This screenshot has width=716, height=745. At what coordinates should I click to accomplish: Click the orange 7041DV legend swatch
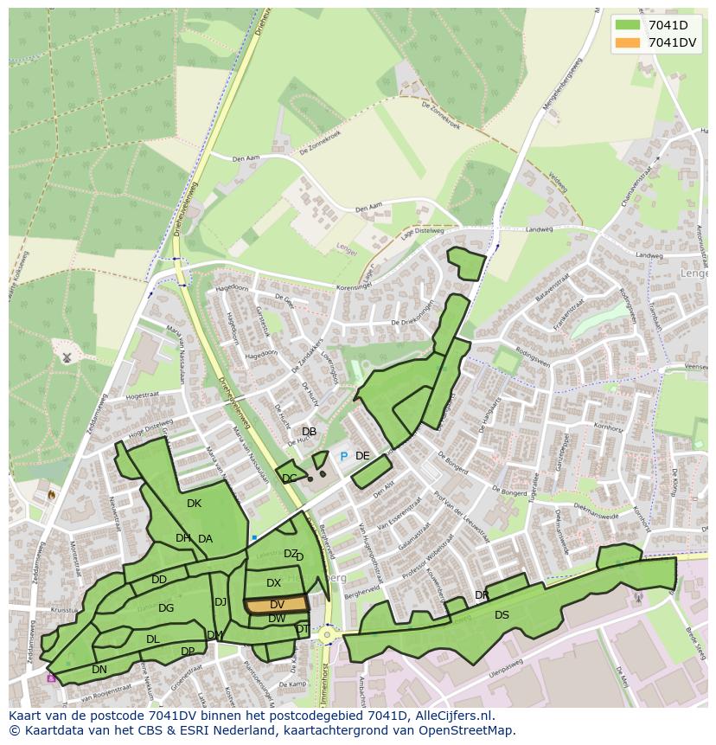click(x=628, y=42)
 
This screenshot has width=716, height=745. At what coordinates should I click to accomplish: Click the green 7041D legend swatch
click(x=628, y=25)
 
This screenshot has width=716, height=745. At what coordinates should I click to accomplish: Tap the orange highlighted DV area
click(x=277, y=604)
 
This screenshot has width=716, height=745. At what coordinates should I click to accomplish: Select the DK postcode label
click(x=194, y=504)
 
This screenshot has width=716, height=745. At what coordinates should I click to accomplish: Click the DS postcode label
click(x=502, y=615)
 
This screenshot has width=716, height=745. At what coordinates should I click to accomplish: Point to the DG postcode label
click(x=166, y=608)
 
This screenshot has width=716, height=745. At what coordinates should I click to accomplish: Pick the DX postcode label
click(x=273, y=583)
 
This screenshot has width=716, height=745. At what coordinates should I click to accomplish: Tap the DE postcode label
click(x=362, y=456)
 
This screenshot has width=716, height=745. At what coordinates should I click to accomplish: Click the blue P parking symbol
click(x=343, y=456)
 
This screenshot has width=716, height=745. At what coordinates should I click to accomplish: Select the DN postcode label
click(x=99, y=670)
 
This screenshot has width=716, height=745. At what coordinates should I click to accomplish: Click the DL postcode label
click(x=152, y=639)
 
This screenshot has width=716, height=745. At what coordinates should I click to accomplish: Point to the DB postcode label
click(x=309, y=432)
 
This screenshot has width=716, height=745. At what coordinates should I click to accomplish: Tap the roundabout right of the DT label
click(x=327, y=634)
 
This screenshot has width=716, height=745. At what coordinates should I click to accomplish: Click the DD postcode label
click(x=159, y=580)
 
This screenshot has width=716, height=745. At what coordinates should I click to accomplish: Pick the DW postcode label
click(x=277, y=619)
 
